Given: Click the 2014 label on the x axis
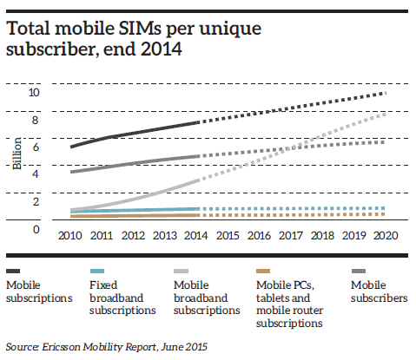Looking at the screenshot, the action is coord(196,236).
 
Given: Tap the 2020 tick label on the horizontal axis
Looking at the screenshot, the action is coord(386,236).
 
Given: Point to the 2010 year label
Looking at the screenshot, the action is coord(70,236).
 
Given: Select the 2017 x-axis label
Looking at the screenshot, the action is coord(291,236).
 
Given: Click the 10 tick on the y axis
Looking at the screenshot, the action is coord(34,93).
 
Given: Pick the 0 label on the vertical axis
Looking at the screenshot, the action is coord(36,230).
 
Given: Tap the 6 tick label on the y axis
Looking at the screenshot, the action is coord(36,147).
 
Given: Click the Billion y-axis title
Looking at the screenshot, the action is coord(17,154).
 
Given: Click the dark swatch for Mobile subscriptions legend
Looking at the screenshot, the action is coord(13,271).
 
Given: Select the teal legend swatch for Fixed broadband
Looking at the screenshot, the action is coord(97,271).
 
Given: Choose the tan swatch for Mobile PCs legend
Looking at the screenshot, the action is coord(263,271).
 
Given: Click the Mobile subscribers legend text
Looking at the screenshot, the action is coord(380,291).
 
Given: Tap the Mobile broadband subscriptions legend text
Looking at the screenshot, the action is coord(207,298).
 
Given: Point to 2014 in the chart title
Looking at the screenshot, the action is coord(162,49).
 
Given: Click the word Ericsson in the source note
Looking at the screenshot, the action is coord(61,347).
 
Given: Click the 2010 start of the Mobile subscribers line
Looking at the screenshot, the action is coord(71,172).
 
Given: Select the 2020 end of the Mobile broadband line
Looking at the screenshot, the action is coord(385,115).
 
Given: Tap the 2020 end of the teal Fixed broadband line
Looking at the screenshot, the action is coord(383,208).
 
